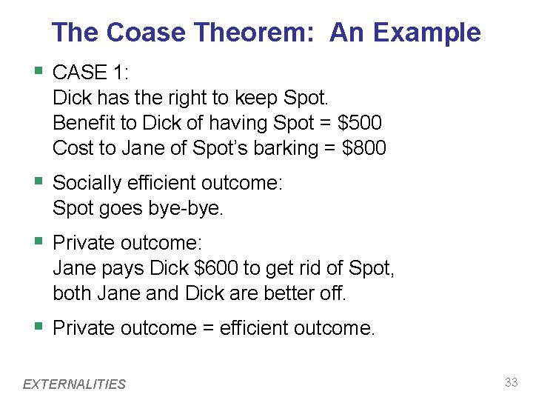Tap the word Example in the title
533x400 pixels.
(x=427, y=33)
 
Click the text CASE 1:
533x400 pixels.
(x=91, y=73)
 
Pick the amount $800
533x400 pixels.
(x=365, y=148)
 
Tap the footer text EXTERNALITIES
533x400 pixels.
(x=75, y=384)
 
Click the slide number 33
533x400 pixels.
(x=511, y=382)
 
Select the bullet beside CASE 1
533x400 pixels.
(x=38, y=72)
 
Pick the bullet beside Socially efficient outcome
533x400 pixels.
(x=38, y=181)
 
